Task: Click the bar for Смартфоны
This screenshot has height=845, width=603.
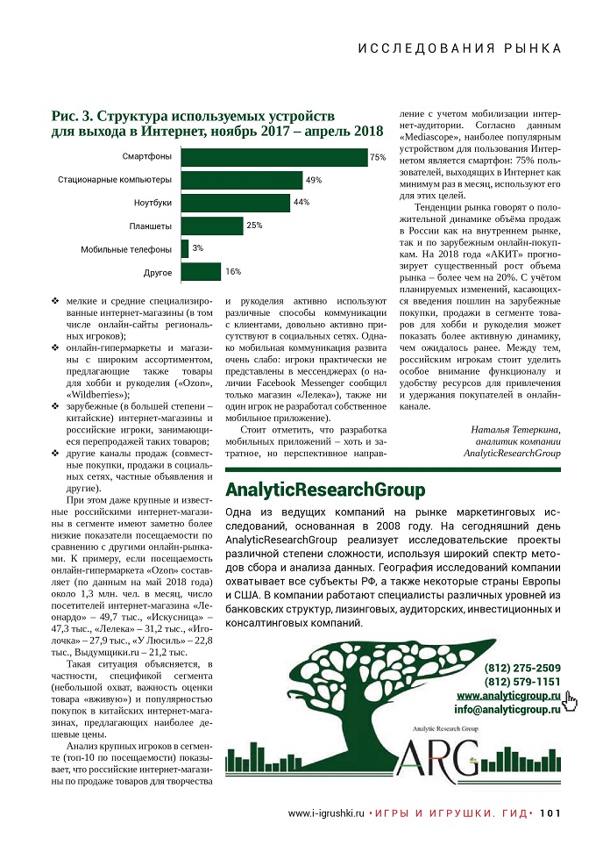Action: [x=273, y=157]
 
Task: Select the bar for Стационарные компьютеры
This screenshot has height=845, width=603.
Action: [x=242, y=180]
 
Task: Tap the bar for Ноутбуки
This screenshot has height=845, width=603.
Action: [x=235, y=203]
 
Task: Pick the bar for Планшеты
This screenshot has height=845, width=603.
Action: [x=211, y=226]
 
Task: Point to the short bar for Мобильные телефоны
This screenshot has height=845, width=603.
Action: [x=184, y=248]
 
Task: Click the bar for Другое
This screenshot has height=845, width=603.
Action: [x=201, y=271]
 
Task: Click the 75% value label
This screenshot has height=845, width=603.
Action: [x=378, y=158]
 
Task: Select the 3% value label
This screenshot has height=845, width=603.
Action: [x=198, y=248]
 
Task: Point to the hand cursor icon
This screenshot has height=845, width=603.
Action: [x=571, y=699]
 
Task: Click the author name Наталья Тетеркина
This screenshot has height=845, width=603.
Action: [x=516, y=429]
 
